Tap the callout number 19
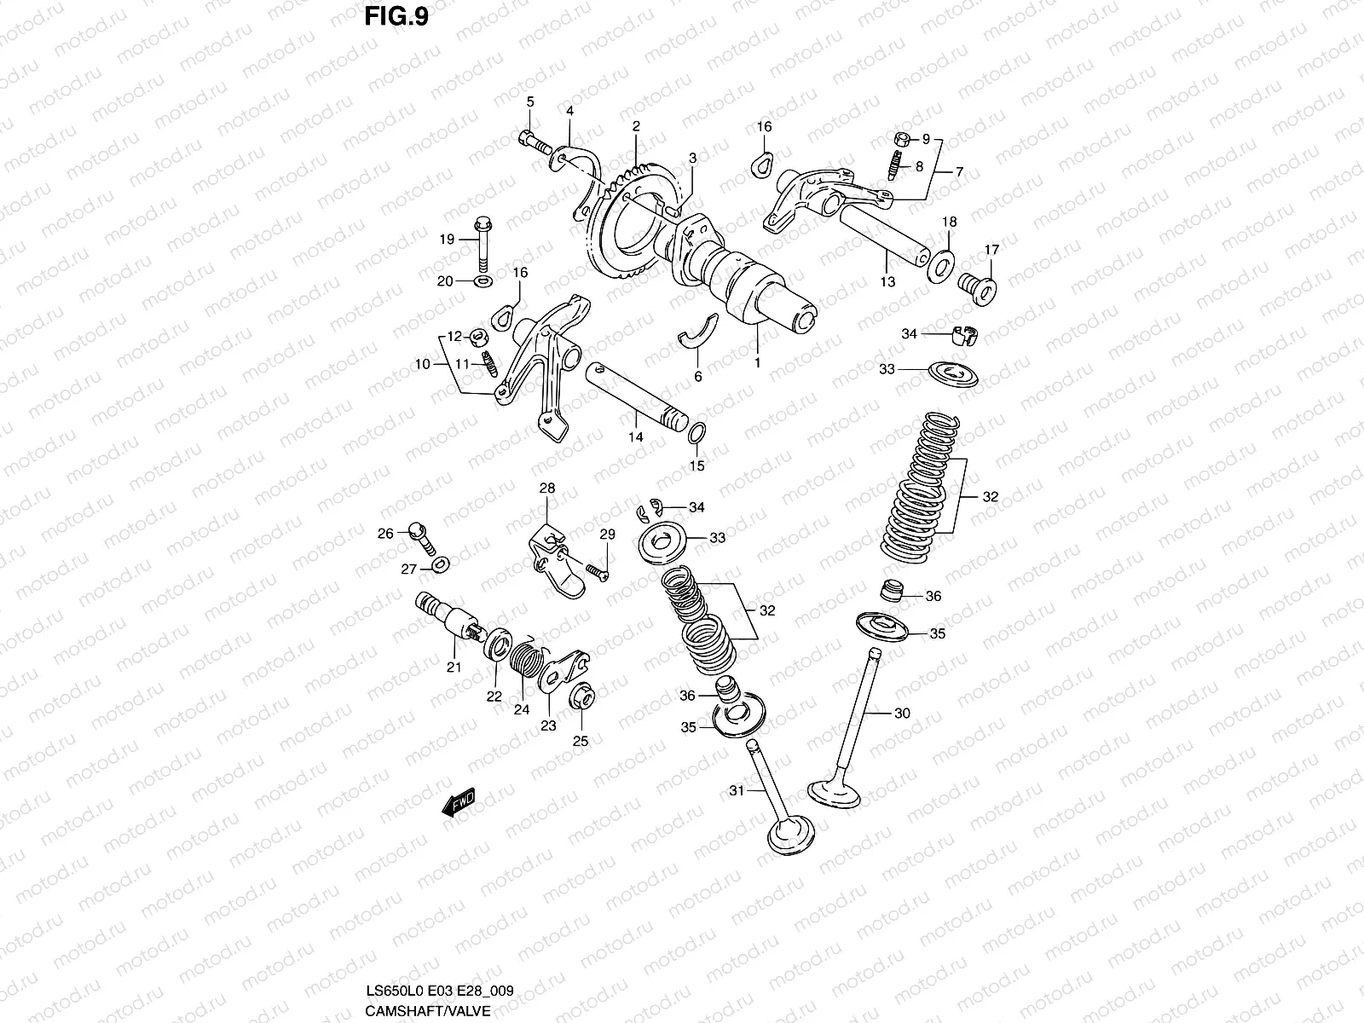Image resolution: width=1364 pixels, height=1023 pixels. (x=447, y=240)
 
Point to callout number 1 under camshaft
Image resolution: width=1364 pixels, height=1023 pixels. (x=757, y=362)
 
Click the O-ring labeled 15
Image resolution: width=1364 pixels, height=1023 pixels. (x=696, y=434)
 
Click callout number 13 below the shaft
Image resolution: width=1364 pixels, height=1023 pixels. (x=887, y=281)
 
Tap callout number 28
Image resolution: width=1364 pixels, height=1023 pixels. (x=546, y=488)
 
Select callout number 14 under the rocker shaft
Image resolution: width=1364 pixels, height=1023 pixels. (x=635, y=437)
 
